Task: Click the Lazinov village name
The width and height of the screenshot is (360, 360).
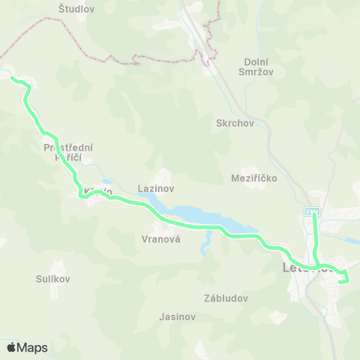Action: (157, 188)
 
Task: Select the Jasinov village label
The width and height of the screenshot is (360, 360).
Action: (178, 316)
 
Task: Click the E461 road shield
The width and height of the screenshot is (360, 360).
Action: (312, 212)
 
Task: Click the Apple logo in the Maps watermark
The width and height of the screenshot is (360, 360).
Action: (11, 347)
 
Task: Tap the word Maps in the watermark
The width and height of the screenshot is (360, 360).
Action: (32, 348)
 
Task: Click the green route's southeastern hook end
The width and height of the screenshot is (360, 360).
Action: (341, 282)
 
